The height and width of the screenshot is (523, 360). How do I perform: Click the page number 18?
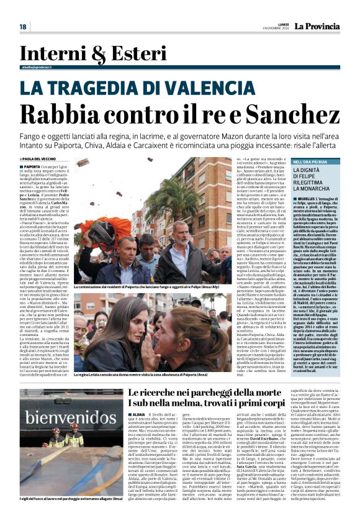[x=23, y=27]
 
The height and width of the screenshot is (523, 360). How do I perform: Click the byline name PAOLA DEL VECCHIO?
[x=55, y=159]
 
